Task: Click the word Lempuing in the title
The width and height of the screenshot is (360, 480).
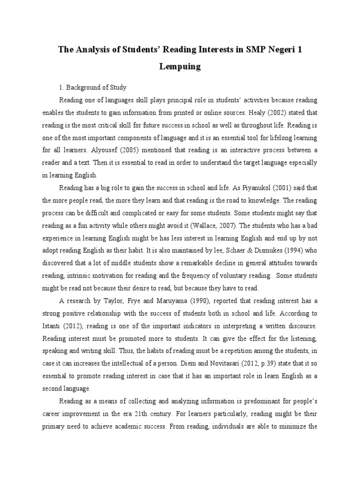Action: (x=180, y=67)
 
